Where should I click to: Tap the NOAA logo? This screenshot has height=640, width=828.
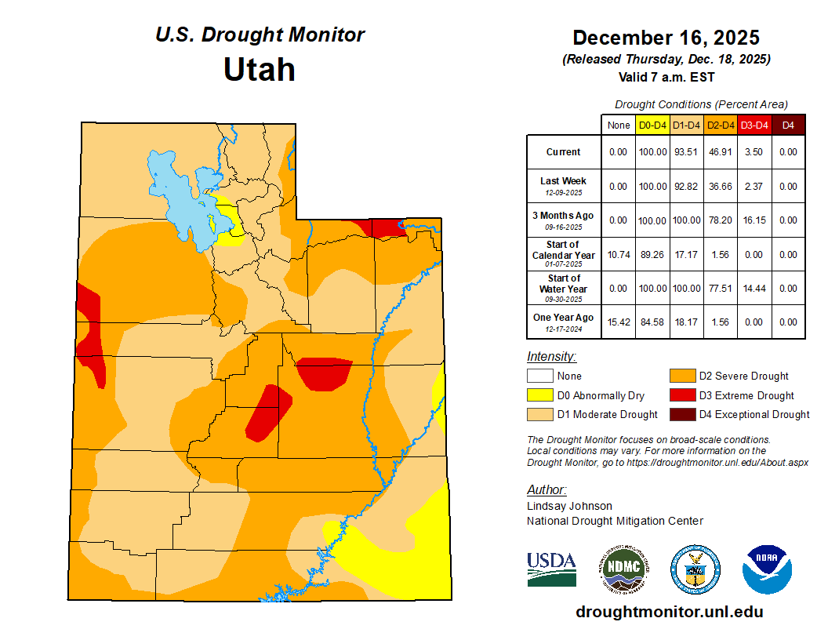tap(768, 569)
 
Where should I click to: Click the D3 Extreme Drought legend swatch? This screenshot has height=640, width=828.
tap(681, 395)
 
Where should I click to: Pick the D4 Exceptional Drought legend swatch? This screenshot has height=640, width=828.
tap(681, 414)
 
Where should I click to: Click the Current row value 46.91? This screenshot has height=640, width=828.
tap(719, 152)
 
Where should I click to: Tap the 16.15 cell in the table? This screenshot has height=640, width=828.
tap(754, 220)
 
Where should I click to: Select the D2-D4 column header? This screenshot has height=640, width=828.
tap(719, 125)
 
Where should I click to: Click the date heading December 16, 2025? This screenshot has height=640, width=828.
tap(666, 38)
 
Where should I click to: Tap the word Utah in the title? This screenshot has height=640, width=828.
tap(259, 70)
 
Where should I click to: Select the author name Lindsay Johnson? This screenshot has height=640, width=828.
tap(569, 506)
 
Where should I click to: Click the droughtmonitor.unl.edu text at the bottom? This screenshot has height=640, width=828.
tap(669, 612)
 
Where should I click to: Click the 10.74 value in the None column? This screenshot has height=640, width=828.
tap(618, 255)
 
